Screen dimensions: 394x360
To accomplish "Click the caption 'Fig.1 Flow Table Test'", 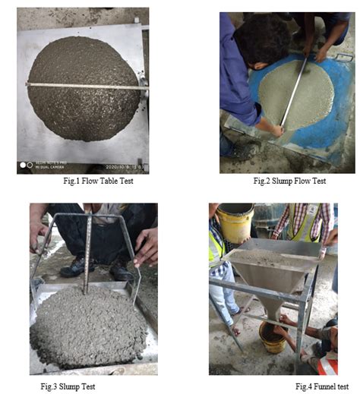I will pyautogui.click(x=93, y=183).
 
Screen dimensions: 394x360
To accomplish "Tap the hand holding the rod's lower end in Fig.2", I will pyautogui.click(x=276, y=130).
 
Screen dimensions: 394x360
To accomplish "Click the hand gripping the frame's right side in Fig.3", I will pyautogui.click(x=146, y=247).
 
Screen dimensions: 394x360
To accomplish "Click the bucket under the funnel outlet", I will pyautogui.click(x=270, y=338).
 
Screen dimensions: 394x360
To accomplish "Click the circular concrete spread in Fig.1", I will pyautogui.click(x=84, y=106).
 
